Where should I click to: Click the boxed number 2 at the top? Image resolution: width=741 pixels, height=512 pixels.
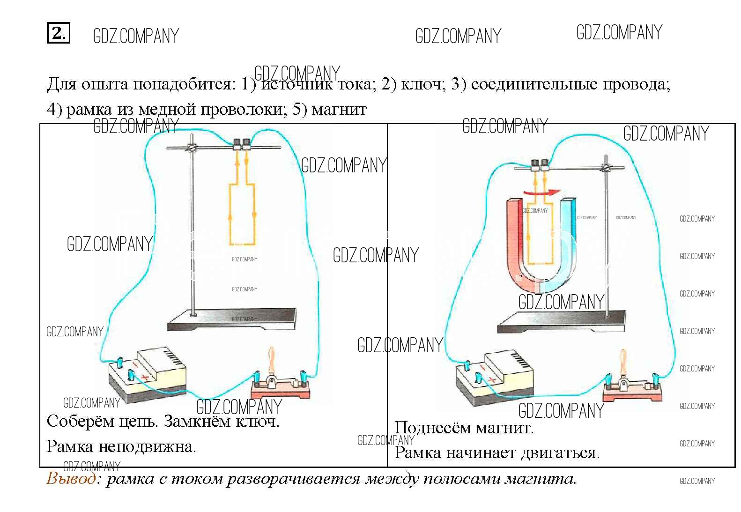tap(58, 33)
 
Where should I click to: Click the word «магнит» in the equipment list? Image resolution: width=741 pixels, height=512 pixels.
tap(339, 110)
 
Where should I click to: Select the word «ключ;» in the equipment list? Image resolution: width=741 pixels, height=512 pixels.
tap(423, 84)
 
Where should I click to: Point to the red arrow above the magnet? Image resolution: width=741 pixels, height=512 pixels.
tap(541, 192)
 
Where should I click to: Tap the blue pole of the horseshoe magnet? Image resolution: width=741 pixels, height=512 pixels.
tap(568, 234)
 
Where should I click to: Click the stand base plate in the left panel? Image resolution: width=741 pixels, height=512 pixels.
tap(232, 319)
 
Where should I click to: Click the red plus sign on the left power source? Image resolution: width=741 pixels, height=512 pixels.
tap(145, 377)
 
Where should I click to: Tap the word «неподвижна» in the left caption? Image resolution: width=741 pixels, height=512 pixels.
tap(147, 446)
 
